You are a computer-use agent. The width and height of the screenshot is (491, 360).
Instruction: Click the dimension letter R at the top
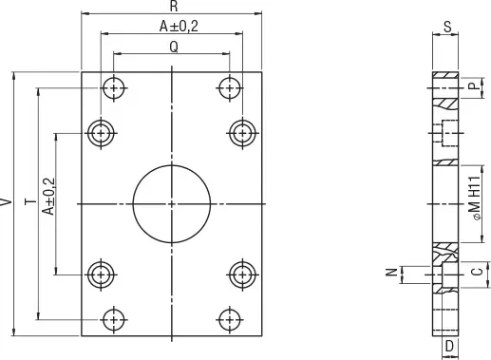(x=174, y=7)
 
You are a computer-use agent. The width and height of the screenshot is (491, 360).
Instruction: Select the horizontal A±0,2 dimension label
(x=179, y=27)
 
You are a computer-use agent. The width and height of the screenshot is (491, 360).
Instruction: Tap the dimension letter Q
(x=174, y=47)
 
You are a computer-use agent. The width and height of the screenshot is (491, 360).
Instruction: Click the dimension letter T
(x=30, y=201)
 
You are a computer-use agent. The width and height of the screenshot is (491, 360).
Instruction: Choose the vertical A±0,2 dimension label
(x=49, y=197)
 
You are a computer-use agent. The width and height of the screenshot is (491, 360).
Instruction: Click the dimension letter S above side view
(x=447, y=27)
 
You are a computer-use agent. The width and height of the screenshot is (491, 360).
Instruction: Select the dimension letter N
(x=392, y=272)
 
